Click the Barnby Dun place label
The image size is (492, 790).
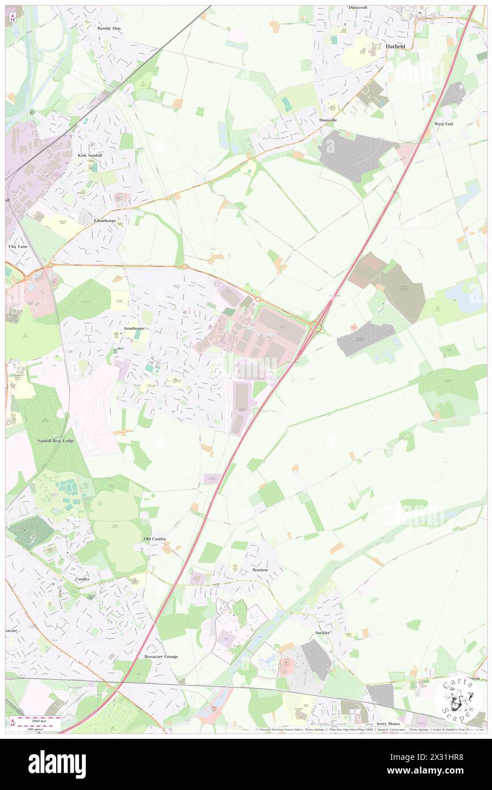[x=109, y=28]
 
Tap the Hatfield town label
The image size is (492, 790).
[x=397, y=47]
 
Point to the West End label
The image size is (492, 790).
[x=444, y=123]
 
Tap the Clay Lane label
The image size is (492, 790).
[x=18, y=247]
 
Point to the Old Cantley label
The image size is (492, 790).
[x=155, y=538]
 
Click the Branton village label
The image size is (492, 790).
[x=260, y=569]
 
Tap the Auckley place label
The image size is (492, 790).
[x=322, y=632]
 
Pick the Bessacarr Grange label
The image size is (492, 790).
[x=161, y=656]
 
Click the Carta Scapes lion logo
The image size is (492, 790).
[x=458, y=698]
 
